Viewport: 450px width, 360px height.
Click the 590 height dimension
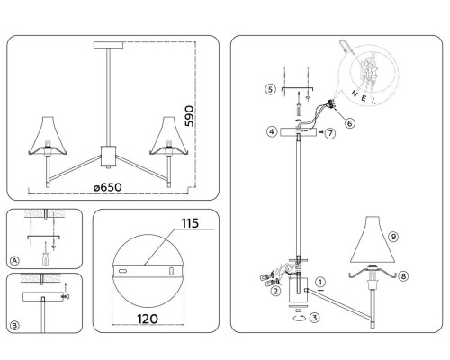(x=189, y=116)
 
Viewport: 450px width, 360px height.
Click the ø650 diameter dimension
(x=108, y=187)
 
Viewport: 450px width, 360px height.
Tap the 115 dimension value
(x=190, y=223)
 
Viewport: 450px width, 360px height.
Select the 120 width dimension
(x=148, y=319)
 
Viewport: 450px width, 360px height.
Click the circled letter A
(x=14, y=261)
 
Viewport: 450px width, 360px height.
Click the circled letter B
(x=14, y=326)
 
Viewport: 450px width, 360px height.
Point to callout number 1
(x=320, y=282)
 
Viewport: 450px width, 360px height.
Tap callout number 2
(x=275, y=291)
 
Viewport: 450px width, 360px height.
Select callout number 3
(x=314, y=318)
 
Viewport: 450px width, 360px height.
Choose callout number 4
(x=272, y=131)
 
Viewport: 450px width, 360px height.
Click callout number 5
(x=270, y=89)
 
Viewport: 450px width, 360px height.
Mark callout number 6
(x=350, y=123)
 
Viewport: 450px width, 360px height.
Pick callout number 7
(x=330, y=133)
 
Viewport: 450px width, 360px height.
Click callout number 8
(x=403, y=276)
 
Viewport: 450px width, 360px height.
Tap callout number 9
(x=393, y=237)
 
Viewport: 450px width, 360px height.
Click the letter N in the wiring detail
(x=355, y=94)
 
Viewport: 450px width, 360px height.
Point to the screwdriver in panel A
(x=45, y=254)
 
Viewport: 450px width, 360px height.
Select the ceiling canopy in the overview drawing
(x=109, y=45)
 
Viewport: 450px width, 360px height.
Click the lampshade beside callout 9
(x=373, y=239)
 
